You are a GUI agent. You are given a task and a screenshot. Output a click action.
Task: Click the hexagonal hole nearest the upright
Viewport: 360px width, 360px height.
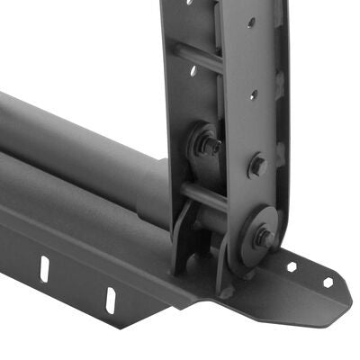click(292, 266)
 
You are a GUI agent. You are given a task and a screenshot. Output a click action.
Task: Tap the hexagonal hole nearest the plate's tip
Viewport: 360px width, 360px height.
click(328, 282)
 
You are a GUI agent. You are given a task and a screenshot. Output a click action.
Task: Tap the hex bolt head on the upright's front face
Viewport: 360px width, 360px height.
click(257, 166)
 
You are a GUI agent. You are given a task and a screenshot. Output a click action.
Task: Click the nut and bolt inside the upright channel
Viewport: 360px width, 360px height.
click(210, 144)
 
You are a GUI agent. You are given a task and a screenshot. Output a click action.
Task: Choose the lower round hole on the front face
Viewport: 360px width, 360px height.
click(254, 93)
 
